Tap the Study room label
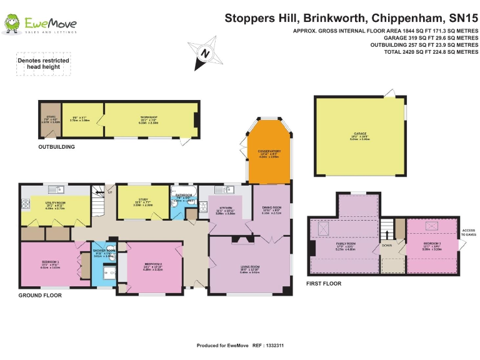142,200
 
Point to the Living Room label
250,268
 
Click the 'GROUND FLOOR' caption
40,295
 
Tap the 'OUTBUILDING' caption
56,147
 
